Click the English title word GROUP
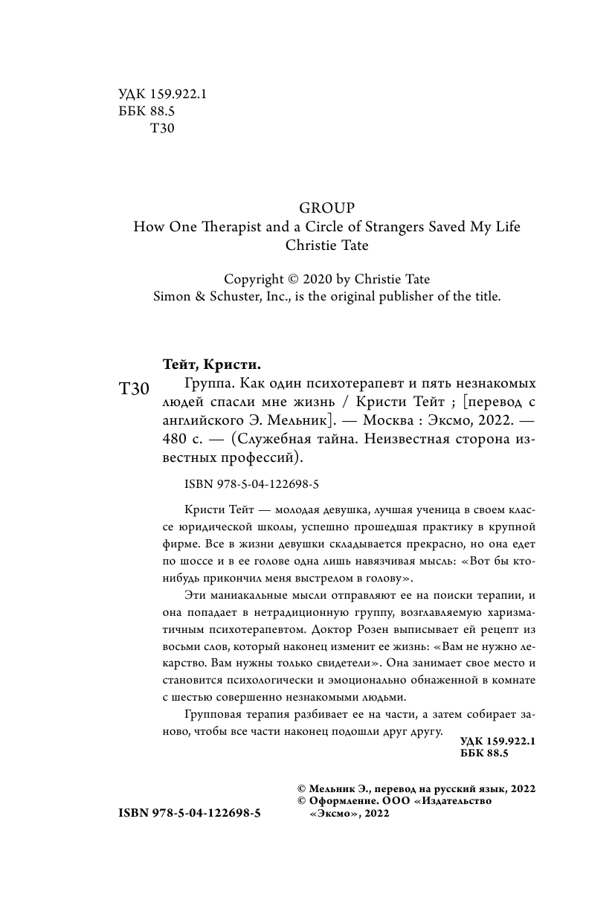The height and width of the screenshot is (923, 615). point(326,208)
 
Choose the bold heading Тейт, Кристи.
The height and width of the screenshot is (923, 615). point(213,364)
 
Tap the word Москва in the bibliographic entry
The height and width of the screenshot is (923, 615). point(383,421)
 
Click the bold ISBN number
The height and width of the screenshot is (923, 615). point(190,814)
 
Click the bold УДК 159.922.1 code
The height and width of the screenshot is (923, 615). point(498,741)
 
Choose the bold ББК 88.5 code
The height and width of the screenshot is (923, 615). point(484,754)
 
